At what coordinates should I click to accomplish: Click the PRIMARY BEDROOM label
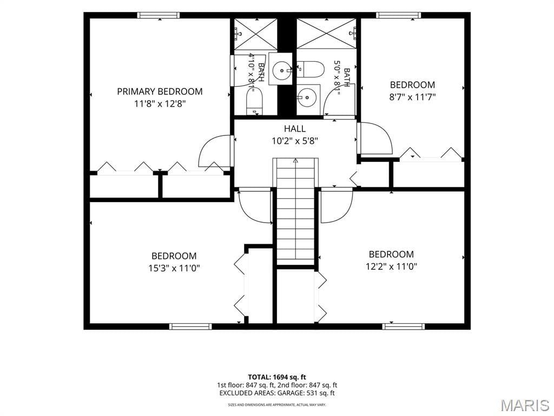pyautogui.click(x=160, y=92)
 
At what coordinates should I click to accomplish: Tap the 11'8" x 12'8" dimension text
pyautogui.click(x=160, y=104)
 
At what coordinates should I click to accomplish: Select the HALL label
pyautogui.click(x=295, y=128)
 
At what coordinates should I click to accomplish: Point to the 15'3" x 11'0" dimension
pyautogui.click(x=174, y=268)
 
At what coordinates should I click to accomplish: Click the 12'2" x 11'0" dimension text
pyautogui.click(x=391, y=266)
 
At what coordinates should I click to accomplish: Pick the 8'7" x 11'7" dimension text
pyautogui.click(x=412, y=97)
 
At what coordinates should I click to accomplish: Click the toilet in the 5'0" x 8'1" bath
pyautogui.click(x=310, y=69)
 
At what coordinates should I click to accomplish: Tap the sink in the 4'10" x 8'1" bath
pyautogui.click(x=281, y=69)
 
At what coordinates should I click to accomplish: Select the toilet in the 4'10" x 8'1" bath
pyautogui.click(x=254, y=101)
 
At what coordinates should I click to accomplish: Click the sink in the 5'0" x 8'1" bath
pyautogui.click(x=308, y=96)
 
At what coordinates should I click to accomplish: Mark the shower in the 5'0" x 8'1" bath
pyautogui.click(x=326, y=33)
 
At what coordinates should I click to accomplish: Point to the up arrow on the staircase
pyautogui.click(x=295, y=160)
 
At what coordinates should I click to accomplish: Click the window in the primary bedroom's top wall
pyautogui.click(x=159, y=15)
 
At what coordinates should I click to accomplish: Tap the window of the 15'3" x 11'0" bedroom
pyautogui.click(x=190, y=327)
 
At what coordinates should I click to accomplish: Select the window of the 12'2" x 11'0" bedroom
pyautogui.click(x=404, y=327)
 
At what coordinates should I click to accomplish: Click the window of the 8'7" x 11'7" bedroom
pyautogui.click(x=398, y=15)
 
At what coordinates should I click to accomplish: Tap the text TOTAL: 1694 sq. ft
pyautogui.click(x=277, y=377)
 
